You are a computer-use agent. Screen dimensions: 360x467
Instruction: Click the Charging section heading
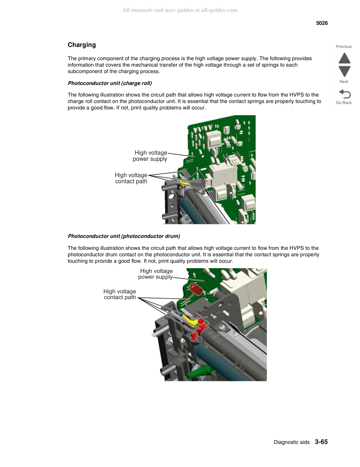coord(82,45)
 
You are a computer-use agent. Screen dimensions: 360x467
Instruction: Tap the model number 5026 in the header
coord(322,23)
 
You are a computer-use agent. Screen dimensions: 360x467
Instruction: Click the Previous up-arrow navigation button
coord(344,58)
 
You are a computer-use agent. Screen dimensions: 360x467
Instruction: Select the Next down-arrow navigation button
coord(344,71)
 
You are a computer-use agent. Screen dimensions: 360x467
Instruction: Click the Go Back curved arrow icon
coord(345,94)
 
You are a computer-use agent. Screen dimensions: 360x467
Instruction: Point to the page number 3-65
coord(321,442)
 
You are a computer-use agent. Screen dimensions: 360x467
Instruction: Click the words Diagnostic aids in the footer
coord(292,442)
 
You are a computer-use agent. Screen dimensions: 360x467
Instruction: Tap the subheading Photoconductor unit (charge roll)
coord(110,83)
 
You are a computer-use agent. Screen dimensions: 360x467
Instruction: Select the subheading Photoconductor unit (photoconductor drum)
coord(124,236)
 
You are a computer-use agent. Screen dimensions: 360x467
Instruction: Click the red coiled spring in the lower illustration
coord(195,289)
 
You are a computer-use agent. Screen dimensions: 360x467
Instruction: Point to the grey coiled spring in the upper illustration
coord(186,173)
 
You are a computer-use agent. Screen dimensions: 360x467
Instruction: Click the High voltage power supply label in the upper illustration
coord(150,156)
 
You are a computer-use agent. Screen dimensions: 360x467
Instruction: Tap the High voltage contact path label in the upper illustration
coord(131,178)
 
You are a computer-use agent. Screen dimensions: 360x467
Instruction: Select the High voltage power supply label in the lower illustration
coord(156,274)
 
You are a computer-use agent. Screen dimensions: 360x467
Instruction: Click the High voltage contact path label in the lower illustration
coord(120,294)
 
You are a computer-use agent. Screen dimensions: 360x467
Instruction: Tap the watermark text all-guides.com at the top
coord(219,10)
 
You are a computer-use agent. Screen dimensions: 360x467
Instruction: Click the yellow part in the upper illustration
coord(184,183)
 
